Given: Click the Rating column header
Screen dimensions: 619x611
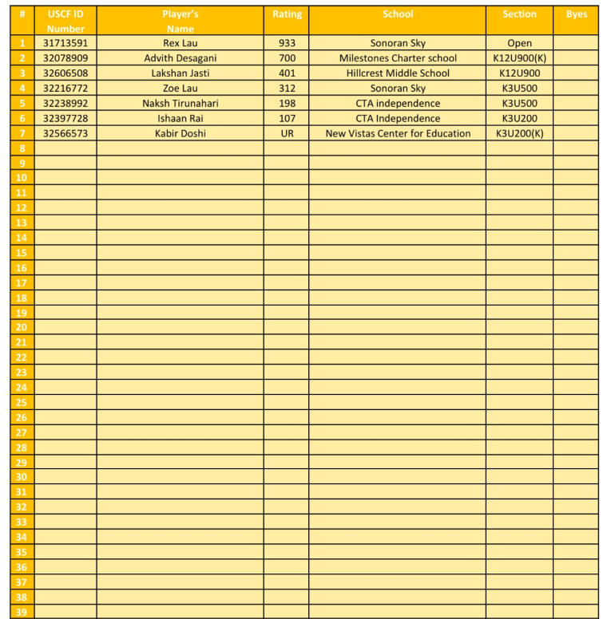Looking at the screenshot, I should [287, 14].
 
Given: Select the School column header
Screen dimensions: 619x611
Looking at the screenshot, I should [398, 14].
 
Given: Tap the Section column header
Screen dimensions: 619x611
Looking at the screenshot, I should [519, 14].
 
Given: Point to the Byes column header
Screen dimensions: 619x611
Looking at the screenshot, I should [576, 14].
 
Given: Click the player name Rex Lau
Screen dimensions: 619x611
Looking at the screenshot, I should [180, 43].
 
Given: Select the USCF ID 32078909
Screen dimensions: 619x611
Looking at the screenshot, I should [65, 58].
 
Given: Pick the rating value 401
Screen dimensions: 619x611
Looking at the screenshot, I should [287, 73].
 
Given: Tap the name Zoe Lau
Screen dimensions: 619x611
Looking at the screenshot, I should [180, 89].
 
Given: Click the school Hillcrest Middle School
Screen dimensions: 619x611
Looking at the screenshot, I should [398, 73].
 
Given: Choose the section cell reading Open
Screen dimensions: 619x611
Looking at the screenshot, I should [519, 43].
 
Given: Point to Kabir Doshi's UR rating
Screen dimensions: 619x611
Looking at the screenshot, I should [287, 133].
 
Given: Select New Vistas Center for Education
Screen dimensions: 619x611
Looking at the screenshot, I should [398, 133].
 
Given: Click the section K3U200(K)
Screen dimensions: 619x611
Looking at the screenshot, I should [519, 133].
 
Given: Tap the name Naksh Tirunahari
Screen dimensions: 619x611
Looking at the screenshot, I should [180, 104].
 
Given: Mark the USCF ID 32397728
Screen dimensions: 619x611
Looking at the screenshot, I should [65, 119].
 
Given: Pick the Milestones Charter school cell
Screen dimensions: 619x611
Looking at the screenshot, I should [398, 58].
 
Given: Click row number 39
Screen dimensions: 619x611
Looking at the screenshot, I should [22, 612].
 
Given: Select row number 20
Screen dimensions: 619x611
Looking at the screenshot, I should [22, 327].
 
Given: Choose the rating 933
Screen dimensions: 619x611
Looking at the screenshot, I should [287, 43].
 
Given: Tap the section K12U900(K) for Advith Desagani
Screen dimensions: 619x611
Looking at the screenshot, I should [519, 58].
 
